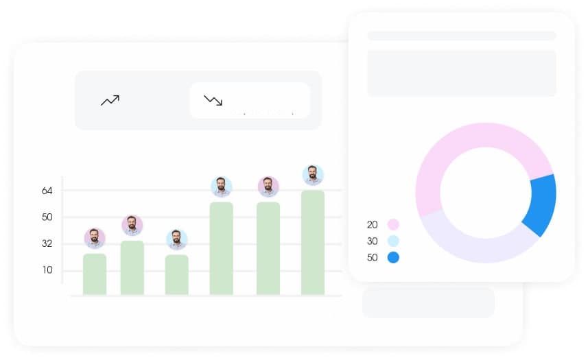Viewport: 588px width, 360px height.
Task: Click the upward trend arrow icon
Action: (110, 101)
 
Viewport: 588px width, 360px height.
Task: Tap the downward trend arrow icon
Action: (213, 101)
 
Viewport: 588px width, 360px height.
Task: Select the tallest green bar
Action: (313, 243)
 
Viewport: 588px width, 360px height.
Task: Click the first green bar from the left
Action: (95, 274)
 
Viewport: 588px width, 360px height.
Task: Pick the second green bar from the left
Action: (132, 267)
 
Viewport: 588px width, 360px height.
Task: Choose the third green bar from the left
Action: (177, 275)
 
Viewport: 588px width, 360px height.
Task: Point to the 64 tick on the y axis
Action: (47, 191)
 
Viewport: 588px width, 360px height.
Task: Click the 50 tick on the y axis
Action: (47, 217)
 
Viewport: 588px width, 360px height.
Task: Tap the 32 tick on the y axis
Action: (47, 243)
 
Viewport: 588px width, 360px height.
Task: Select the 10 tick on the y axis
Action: (47, 269)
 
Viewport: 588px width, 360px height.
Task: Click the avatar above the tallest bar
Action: (313, 175)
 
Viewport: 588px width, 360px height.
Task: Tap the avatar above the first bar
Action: (95, 239)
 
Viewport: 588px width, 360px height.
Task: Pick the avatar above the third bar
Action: (177, 239)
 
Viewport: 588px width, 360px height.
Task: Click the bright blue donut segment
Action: (541, 204)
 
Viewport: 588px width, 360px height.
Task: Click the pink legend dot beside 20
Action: (393, 224)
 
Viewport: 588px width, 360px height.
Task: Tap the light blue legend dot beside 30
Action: (393, 241)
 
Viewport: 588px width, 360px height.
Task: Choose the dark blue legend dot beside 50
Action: (393, 258)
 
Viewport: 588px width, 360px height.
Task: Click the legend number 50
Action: (373, 258)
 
